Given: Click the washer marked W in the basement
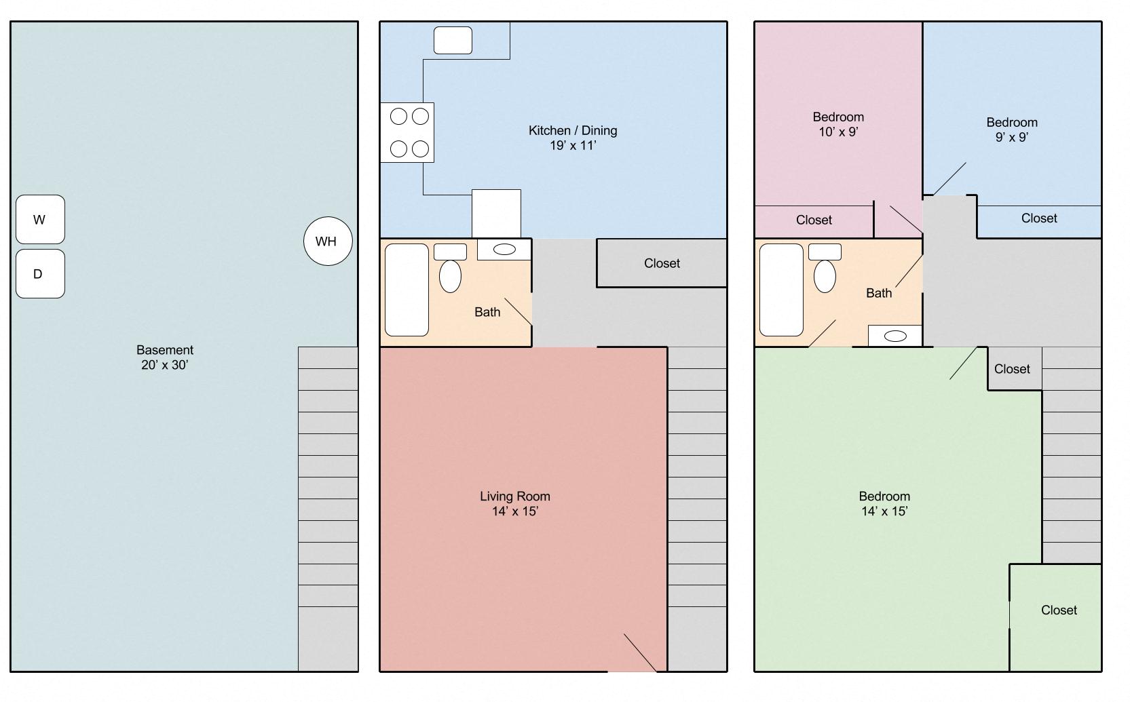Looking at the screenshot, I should pyautogui.click(x=40, y=220).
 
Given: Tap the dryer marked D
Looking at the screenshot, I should pyautogui.click(x=40, y=274).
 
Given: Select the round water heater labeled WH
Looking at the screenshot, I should pyautogui.click(x=328, y=241).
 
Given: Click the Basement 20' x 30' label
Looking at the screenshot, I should pyautogui.click(x=165, y=357).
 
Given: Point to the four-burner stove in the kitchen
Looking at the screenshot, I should pyautogui.click(x=407, y=133).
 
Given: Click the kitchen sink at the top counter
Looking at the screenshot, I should pyautogui.click(x=453, y=41).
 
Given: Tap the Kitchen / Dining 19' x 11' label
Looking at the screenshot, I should pyautogui.click(x=573, y=138).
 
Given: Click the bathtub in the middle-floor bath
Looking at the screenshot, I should pyautogui.click(x=407, y=290).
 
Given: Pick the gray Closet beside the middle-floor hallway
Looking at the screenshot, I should pyautogui.click(x=662, y=263).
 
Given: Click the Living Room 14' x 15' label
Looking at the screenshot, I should pyautogui.click(x=515, y=503).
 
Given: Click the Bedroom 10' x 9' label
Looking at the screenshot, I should pyautogui.click(x=838, y=124).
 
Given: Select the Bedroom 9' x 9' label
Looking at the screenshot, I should pyautogui.click(x=1011, y=130).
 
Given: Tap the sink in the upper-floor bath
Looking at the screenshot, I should pyautogui.click(x=895, y=336).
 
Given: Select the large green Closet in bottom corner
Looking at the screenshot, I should pyautogui.click(x=1057, y=610).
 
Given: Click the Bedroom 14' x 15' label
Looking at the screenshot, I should pyautogui.click(x=884, y=503).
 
